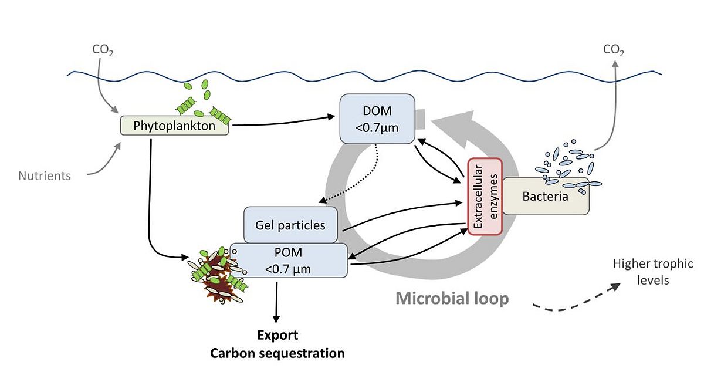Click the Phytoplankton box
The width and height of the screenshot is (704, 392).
(174, 125)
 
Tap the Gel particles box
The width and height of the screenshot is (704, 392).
(290, 225)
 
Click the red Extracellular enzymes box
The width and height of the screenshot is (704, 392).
(485, 196)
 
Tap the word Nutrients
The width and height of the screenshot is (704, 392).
(45, 175)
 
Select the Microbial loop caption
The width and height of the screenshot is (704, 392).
(452, 299)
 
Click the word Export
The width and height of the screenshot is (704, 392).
(278, 335)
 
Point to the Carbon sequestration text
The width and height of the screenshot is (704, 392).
(277, 353)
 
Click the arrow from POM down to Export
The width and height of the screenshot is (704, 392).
(276, 302)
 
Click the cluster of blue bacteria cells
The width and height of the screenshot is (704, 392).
(566, 165)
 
